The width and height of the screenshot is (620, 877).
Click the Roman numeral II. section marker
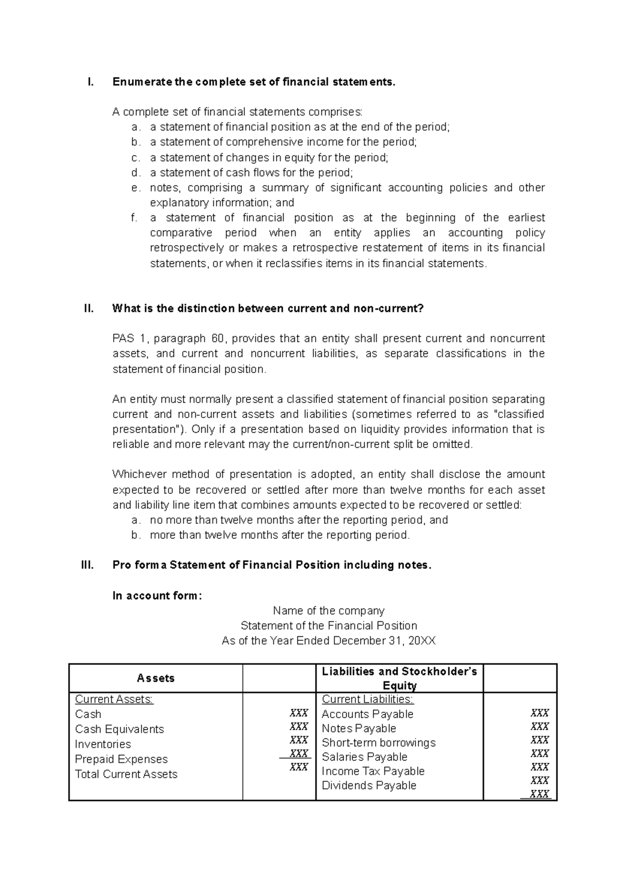(x=88, y=308)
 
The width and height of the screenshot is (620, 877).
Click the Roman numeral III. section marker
(x=87, y=565)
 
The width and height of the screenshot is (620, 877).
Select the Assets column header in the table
(x=156, y=678)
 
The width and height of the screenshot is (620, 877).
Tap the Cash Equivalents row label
(x=119, y=729)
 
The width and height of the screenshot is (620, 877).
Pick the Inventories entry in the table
(x=103, y=744)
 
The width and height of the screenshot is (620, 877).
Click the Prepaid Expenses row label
(x=121, y=759)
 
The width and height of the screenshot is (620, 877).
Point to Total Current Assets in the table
(x=126, y=774)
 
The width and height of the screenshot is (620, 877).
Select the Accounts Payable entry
(x=367, y=714)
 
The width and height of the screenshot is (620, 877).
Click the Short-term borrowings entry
(x=379, y=742)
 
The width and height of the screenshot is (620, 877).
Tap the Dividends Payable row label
(x=369, y=785)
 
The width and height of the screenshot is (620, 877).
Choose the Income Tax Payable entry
(x=373, y=771)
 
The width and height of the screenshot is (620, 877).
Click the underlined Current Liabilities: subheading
(x=367, y=699)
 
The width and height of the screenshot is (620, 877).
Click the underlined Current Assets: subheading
(x=114, y=699)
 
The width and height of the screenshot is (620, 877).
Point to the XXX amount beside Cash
(x=299, y=713)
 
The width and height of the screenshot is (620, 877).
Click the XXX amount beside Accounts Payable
(x=539, y=713)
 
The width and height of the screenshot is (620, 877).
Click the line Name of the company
(x=329, y=610)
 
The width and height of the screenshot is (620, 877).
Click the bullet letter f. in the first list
(x=135, y=217)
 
